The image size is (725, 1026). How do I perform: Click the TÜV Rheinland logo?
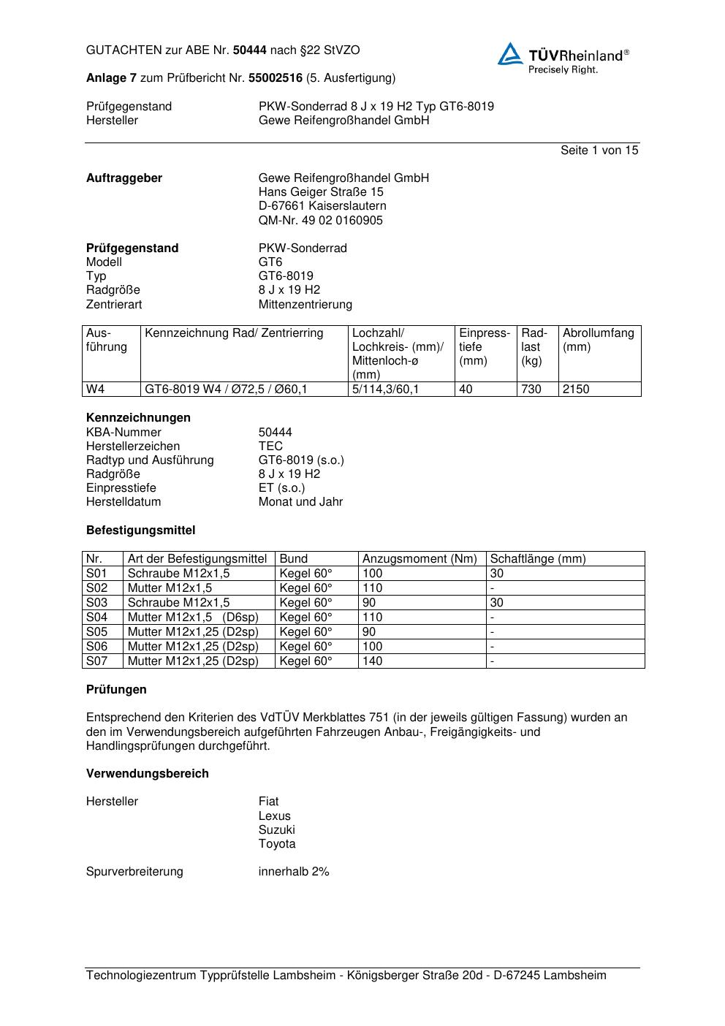point(563,58)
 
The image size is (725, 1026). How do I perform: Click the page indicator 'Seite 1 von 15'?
point(599,151)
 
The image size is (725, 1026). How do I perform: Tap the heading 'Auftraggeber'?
point(124,178)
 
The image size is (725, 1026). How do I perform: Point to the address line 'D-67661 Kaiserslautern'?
point(322,206)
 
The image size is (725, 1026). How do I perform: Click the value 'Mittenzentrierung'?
point(305,304)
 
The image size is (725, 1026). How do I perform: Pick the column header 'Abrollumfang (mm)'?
point(599,341)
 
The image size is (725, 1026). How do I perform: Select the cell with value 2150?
point(576,389)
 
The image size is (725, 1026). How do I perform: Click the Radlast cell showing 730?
point(531,389)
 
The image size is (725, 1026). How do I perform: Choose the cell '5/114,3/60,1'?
point(386,389)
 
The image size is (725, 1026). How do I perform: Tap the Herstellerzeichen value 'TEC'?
point(270,446)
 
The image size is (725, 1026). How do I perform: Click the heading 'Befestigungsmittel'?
point(140,531)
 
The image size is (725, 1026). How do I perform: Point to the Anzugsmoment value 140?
point(373,661)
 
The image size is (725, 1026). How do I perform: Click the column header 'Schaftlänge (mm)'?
point(538,559)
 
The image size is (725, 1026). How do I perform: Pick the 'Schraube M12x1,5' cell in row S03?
point(178,603)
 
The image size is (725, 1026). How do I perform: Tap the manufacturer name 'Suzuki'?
point(276,830)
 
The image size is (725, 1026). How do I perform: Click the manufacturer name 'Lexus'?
point(274,816)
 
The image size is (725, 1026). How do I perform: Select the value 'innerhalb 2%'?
point(294,872)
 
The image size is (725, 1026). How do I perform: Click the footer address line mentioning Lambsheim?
point(346,976)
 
